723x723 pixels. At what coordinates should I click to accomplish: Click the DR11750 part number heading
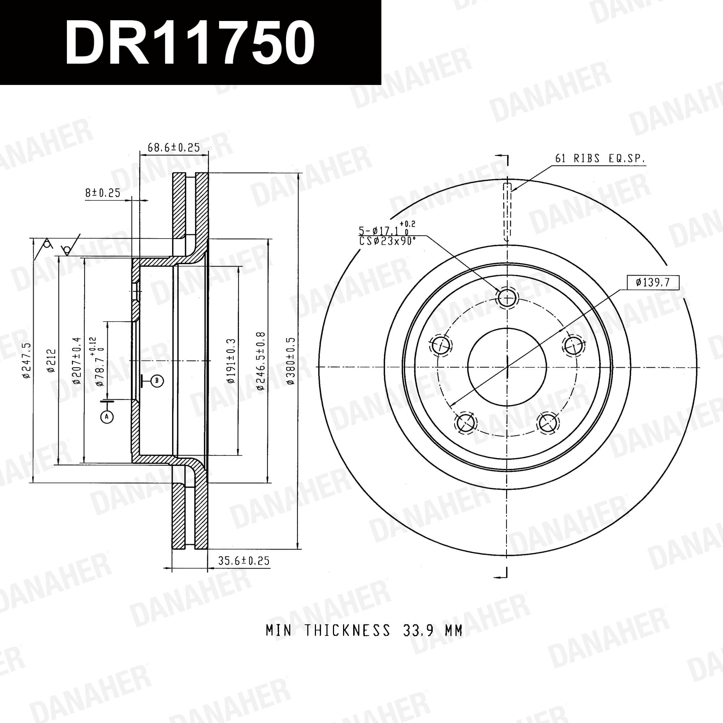coord(190,42)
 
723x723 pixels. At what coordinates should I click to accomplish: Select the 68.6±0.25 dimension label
coord(174,147)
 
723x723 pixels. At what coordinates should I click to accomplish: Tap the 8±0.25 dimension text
coord(103,193)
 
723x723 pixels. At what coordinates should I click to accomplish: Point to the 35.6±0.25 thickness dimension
coord(244,560)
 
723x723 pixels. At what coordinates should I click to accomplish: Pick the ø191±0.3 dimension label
coord(231,360)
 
